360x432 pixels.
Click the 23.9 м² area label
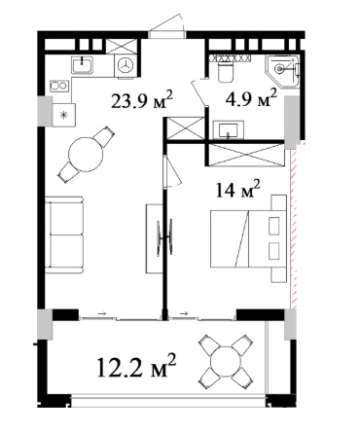click(142, 100)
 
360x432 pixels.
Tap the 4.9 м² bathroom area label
click(251, 98)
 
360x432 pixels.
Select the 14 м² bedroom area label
click(237, 190)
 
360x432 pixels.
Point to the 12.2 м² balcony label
click(136, 366)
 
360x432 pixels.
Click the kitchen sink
click(83, 65)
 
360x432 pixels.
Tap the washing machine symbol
click(126, 66)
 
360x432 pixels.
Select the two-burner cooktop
click(59, 87)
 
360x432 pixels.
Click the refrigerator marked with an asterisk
click(64, 115)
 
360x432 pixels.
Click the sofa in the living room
click(64, 234)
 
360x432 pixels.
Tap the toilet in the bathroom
click(226, 71)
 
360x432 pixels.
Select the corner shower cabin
click(282, 71)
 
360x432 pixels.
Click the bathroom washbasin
click(229, 130)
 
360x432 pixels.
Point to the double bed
click(248, 238)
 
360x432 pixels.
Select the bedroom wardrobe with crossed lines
click(246, 155)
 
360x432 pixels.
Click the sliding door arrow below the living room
click(102, 313)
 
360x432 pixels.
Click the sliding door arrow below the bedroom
click(184, 313)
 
